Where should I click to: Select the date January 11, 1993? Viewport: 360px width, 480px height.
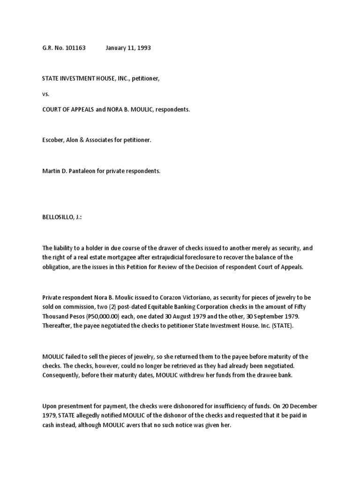tap(128, 48)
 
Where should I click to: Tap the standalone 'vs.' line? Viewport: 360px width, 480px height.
tap(45, 94)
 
